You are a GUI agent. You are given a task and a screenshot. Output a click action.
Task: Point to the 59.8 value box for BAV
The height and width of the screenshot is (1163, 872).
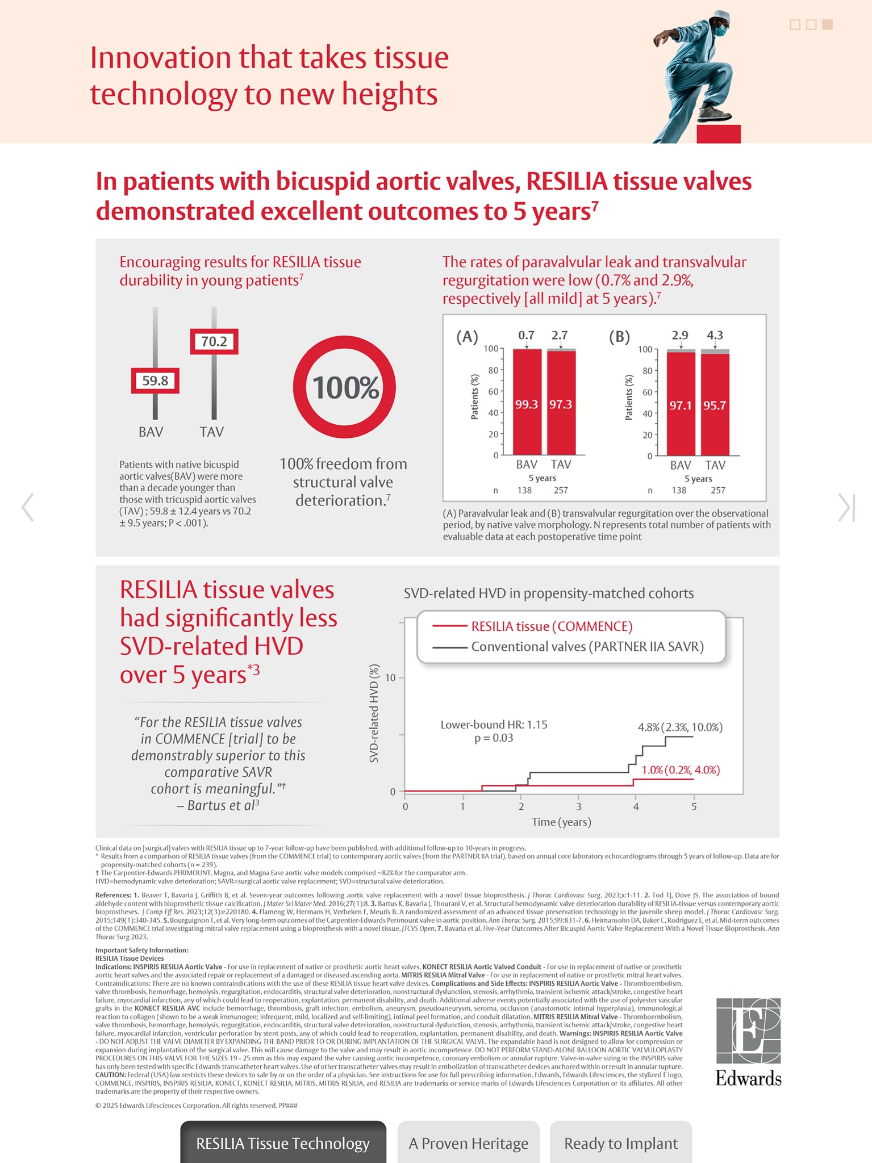(155, 381)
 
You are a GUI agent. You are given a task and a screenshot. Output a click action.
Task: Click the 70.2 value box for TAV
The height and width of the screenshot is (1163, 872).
(214, 342)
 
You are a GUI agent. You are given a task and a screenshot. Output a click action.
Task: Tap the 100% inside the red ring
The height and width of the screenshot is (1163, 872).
(344, 388)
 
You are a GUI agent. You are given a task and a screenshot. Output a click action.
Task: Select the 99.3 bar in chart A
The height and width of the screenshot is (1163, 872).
(527, 404)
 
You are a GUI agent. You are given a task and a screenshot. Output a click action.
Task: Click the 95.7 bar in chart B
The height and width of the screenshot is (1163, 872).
(715, 405)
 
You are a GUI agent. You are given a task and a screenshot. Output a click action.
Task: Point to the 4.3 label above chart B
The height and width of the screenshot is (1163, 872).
(715, 335)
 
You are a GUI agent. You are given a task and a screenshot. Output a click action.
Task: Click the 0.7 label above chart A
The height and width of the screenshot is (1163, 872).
(527, 335)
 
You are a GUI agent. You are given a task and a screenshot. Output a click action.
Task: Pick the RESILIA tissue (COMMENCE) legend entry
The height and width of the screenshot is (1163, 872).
(551, 626)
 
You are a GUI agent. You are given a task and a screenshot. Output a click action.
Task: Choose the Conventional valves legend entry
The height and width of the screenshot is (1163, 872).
(587, 647)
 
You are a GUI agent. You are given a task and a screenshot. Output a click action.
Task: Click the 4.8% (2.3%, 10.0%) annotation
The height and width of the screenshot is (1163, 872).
(680, 727)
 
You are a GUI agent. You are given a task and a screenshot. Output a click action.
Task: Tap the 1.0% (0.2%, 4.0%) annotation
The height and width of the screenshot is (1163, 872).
(681, 770)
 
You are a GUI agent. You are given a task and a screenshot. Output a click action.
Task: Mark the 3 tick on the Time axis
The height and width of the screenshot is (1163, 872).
(578, 806)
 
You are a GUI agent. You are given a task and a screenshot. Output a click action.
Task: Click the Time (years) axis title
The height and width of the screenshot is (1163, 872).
(561, 822)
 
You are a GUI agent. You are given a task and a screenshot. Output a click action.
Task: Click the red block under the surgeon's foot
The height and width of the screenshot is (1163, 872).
(719, 134)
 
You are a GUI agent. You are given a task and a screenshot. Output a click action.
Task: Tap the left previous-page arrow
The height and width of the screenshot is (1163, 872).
(27, 507)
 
